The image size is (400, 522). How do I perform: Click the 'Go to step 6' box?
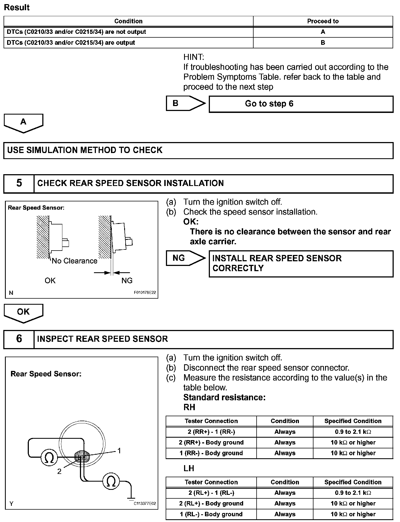[301, 104]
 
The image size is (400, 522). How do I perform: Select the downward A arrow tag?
[23, 123]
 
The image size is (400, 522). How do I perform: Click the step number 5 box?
[19, 183]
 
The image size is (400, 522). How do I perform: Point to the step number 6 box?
[19, 339]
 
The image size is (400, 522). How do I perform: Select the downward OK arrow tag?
[23, 313]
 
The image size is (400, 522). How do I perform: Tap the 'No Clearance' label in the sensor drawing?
[74, 261]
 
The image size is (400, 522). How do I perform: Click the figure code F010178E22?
[145, 293]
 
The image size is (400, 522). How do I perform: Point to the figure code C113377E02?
[145, 504]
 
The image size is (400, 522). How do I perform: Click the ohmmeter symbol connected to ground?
[111, 481]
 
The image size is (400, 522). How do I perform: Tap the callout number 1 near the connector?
[119, 451]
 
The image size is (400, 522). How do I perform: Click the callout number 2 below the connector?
[59, 471]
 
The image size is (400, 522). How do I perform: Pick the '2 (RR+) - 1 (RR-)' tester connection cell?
[211, 432]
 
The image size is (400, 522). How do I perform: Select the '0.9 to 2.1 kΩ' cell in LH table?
[353, 493]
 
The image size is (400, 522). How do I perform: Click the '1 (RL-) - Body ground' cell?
[211, 514]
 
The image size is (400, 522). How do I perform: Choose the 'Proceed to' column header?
[323, 21]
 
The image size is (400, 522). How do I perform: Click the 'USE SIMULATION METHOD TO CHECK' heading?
[85, 150]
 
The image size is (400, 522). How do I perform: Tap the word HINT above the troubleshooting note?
[194, 57]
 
